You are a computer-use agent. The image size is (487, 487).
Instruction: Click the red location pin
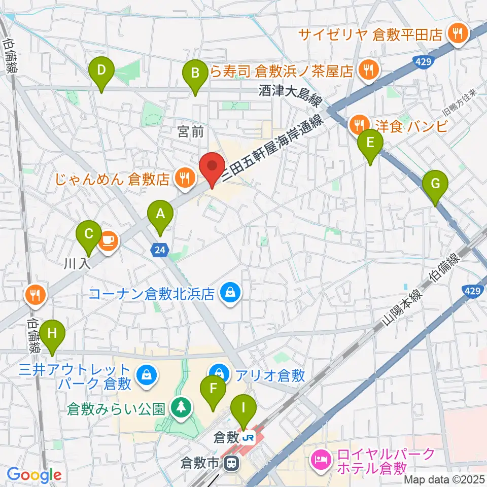pyautogui.click(x=212, y=167)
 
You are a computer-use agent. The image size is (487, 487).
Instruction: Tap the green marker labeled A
pyautogui.click(x=160, y=215)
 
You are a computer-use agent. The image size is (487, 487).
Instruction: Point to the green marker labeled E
pyautogui.click(x=370, y=144)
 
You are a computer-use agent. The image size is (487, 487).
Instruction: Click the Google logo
pyautogui.click(x=34, y=475)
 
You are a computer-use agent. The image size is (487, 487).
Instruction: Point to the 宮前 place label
pyautogui.click(x=191, y=132)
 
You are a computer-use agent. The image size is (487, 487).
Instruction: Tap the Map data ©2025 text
pyautogui.click(x=445, y=479)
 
